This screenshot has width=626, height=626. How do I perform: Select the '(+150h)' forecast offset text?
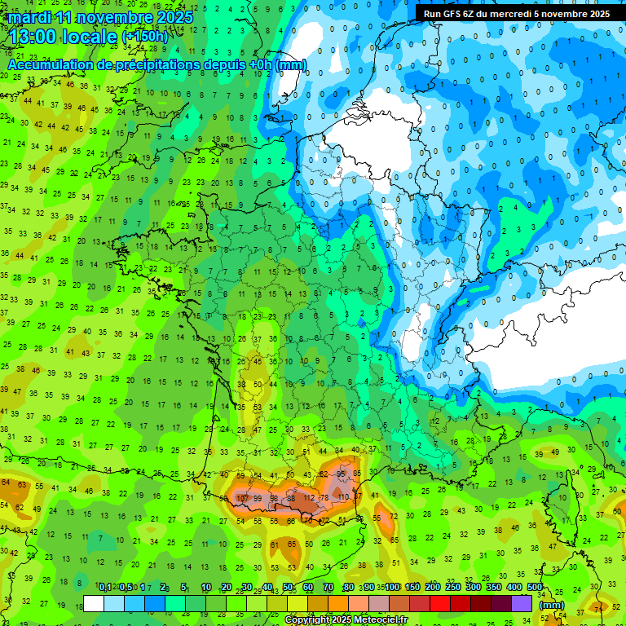(x=145, y=37)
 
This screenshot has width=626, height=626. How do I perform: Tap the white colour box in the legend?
(x=94, y=604)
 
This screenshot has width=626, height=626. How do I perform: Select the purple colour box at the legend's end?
(x=522, y=604)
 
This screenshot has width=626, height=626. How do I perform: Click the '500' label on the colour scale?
(x=535, y=588)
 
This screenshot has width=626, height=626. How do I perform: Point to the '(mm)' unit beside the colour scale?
(x=552, y=605)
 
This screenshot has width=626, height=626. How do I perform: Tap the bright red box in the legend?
(x=440, y=604)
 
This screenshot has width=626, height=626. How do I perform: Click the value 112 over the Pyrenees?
(x=309, y=497)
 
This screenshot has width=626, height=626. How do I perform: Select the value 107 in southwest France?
(x=242, y=497)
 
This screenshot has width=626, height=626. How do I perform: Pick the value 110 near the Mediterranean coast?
(x=343, y=496)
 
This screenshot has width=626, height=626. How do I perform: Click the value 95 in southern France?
(x=342, y=473)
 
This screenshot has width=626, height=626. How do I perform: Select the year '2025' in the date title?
(x=176, y=17)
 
